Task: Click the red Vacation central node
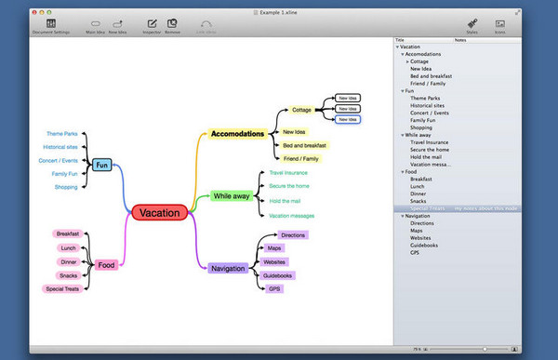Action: pyautogui.click(x=161, y=212)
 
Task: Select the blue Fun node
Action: pyautogui.click(x=102, y=166)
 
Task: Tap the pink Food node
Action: pyautogui.click(x=107, y=264)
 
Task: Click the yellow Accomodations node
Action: pyautogui.click(x=238, y=134)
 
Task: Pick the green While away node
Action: pyautogui.click(x=230, y=196)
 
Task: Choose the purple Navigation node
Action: pyautogui.click(x=228, y=268)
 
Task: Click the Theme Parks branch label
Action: pyautogui.click(x=61, y=134)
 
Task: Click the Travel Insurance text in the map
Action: pyautogui.click(x=288, y=173)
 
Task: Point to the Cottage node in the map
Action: pyautogui.click(x=301, y=110)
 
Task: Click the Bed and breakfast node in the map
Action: pyautogui.click(x=303, y=145)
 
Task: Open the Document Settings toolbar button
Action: pyautogui.click(x=49, y=25)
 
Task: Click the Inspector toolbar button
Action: pyautogui.click(x=152, y=25)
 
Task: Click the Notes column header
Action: pyautogui.click(x=460, y=41)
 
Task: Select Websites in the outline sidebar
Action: pyautogui.click(x=420, y=236)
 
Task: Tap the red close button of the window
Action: pyautogui.click(x=33, y=6)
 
